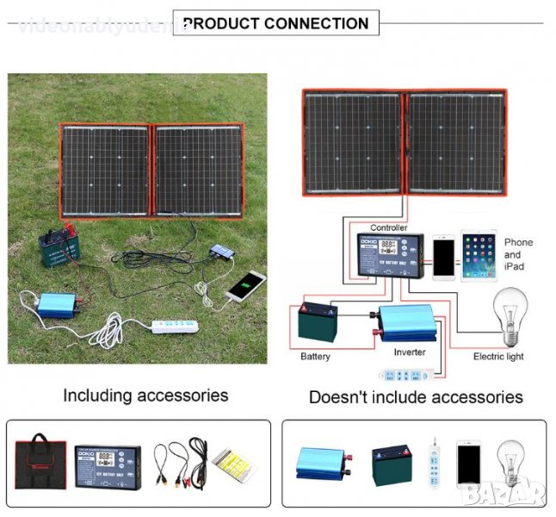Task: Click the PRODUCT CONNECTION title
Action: pyautogui.click(x=275, y=23)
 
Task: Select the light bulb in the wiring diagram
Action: pyautogui.click(x=509, y=315)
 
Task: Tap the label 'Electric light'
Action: pyautogui.click(x=499, y=356)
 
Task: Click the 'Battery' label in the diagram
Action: pyautogui.click(x=315, y=356)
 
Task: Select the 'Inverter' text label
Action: pyautogui.click(x=410, y=352)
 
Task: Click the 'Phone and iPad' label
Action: pyautogui.click(x=518, y=254)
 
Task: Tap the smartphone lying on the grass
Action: pyautogui.click(x=245, y=285)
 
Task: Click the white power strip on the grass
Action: pyautogui.click(x=182, y=327)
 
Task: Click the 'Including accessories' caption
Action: pyautogui.click(x=145, y=396)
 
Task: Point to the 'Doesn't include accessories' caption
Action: pyautogui.click(x=416, y=397)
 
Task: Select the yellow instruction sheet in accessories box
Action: pyautogui.click(x=233, y=463)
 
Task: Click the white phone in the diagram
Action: pyautogui.click(x=443, y=256)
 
